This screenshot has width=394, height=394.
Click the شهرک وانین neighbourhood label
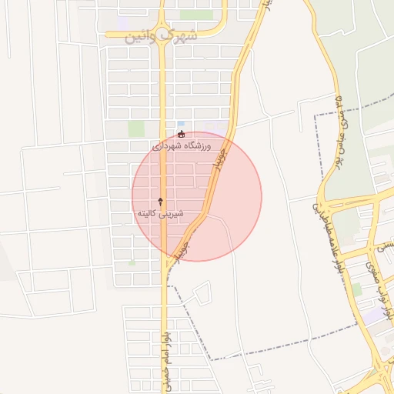tap(160, 35)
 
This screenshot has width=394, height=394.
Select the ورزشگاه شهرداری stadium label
tap(182, 145)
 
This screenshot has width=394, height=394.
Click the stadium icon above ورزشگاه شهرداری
tap(181, 133)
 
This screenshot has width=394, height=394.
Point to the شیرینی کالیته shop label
tap(159, 212)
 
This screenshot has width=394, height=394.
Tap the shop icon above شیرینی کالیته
tap(160, 200)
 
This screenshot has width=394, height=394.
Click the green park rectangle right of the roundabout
tap(196, 15)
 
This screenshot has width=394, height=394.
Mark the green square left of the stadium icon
tap(136, 129)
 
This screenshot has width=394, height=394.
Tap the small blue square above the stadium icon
tap(181, 123)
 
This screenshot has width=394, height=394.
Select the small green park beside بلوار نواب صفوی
tap(356, 289)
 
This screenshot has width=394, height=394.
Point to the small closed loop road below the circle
tap(201, 293)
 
